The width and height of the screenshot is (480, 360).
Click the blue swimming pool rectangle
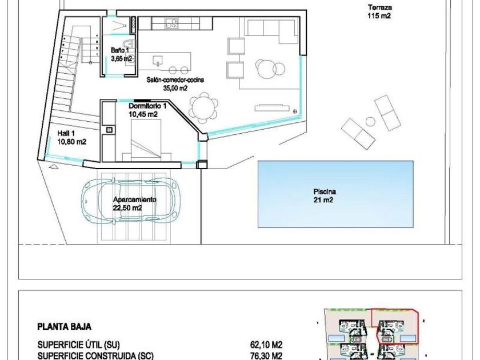tap(335, 194)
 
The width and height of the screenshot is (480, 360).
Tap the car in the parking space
tap(130, 199)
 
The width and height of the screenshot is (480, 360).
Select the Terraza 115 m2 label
tap(379, 11)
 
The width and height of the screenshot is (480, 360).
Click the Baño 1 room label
tap(122, 54)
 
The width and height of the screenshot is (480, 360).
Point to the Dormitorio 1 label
tap(147, 110)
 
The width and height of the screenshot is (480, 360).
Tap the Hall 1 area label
tap(71, 138)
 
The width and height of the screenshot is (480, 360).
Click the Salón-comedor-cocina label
tap(175, 84)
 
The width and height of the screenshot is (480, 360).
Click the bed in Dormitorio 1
tap(146, 140)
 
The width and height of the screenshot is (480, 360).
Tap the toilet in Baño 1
tap(129, 45)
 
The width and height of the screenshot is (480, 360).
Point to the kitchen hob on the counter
tap(171, 23)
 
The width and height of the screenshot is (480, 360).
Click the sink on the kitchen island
tap(158, 61)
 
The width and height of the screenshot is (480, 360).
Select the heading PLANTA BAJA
tap(64, 327)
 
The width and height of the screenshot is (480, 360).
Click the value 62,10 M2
tap(266, 345)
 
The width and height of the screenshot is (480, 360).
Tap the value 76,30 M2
tap(266, 356)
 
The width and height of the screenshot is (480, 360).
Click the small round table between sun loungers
tap(370, 122)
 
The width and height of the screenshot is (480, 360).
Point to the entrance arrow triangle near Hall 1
tap(53, 166)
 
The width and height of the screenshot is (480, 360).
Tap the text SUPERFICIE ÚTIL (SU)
tap(79, 345)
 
